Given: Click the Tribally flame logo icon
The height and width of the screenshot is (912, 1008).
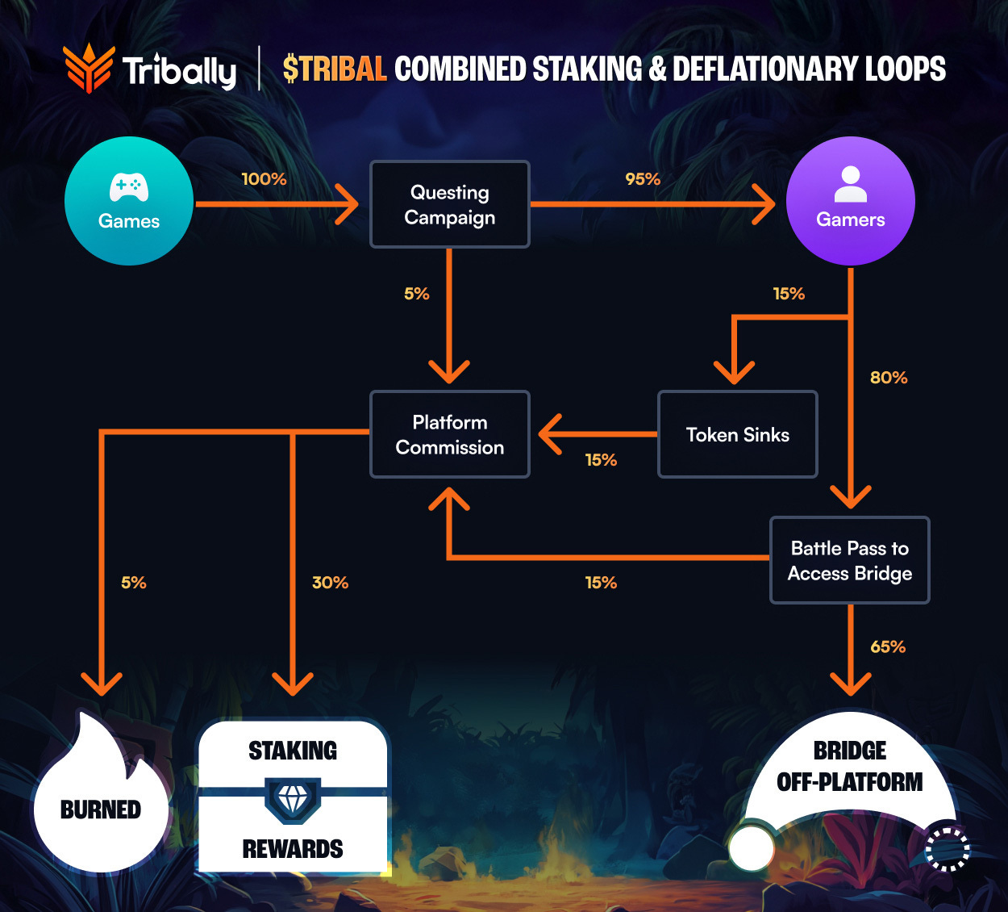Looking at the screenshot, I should [88, 68].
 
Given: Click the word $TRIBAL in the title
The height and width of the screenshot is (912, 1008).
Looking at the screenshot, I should [335, 69].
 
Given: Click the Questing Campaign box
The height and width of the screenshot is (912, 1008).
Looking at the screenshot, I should [449, 204].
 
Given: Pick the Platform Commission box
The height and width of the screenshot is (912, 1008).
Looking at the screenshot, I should [449, 434].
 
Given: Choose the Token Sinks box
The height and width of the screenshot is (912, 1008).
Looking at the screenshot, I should [737, 434].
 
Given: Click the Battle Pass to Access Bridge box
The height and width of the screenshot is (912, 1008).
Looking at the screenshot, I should [849, 560].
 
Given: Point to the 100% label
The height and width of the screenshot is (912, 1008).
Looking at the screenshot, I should [264, 179].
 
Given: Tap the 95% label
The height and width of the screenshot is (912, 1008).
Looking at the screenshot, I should [643, 179].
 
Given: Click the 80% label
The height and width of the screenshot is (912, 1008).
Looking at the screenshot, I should [889, 378].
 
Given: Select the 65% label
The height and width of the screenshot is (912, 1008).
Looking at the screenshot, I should [888, 647].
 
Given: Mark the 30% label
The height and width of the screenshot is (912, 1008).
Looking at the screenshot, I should [330, 583].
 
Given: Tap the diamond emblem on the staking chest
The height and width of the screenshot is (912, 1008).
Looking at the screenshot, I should [293, 800].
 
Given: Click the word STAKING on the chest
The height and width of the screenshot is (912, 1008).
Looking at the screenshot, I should [293, 751].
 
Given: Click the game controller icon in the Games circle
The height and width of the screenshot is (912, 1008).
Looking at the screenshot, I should [129, 187].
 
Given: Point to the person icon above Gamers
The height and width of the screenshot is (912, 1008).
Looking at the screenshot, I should [850, 184].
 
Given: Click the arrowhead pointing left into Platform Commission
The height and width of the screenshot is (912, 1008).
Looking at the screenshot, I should [552, 434].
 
